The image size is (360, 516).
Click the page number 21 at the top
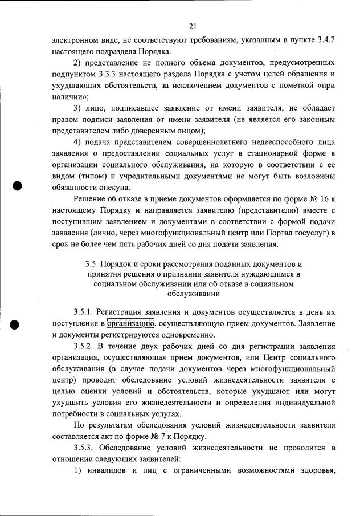tap(193, 26)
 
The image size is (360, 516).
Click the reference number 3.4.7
tap(323, 39)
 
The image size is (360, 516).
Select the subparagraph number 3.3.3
tap(121, 74)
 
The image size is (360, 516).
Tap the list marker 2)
tap(79, 62)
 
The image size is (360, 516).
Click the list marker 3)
tap(79, 108)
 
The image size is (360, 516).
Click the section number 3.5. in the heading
tap(92, 265)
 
